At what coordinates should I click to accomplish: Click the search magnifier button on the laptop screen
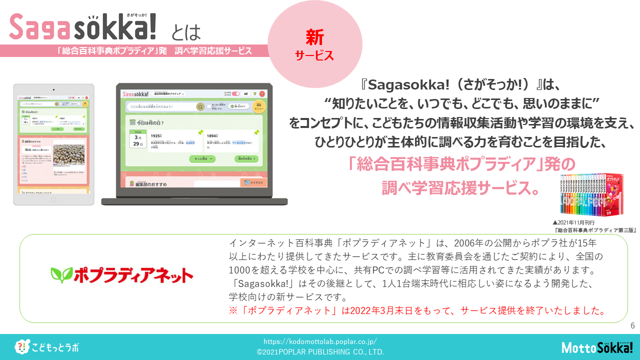(x=200, y=106)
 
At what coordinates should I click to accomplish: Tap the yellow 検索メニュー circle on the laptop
(x=259, y=106)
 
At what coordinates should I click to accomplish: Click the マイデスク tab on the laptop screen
(x=253, y=183)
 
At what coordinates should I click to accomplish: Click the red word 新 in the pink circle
(x=315, y=37)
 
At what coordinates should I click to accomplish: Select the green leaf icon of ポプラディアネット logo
(x=61, y=274)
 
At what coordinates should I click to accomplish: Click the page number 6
(x=632, y=326)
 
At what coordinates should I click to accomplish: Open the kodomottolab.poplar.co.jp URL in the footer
(x=320, y=342)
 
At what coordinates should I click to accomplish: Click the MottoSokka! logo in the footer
(x=597, y=347)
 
